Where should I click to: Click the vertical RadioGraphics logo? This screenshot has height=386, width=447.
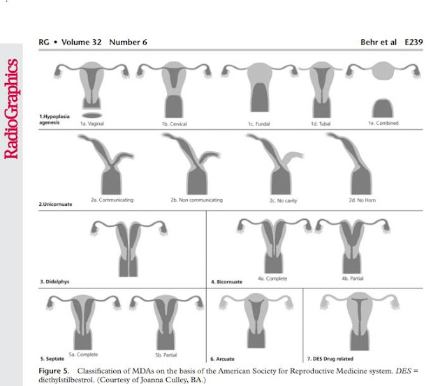pos(12,108)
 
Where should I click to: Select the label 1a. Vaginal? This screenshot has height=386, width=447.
pos(92,124)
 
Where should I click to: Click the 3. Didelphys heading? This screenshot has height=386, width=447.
pos(58,281)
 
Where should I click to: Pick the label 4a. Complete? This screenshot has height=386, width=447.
pos(272,279)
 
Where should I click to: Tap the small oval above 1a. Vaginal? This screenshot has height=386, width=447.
pos(92,113)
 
